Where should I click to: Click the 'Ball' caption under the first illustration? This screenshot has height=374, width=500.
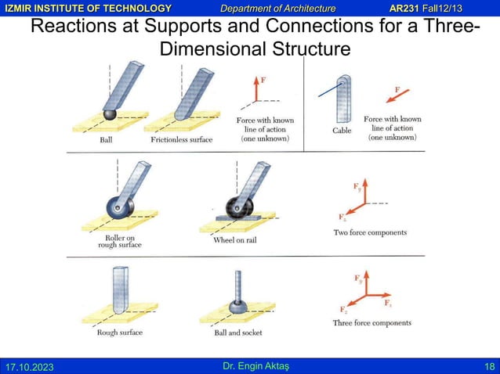(106, 140)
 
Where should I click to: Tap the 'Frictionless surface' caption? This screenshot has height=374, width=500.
(181, 140)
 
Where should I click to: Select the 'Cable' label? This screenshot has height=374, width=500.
(342, 131)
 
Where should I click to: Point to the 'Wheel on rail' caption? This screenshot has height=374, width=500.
(235, 239)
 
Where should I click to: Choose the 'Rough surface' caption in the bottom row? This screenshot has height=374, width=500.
(118, 332)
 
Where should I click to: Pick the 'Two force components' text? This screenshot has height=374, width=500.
(370, 232)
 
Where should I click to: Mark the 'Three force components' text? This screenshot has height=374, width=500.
(371, 322)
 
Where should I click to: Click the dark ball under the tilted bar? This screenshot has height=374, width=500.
(110, 114)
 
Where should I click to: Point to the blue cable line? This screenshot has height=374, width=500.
(329, 91)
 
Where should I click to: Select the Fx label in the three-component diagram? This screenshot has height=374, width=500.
(387, 302)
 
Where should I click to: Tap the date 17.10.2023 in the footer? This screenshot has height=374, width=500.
(31, 366)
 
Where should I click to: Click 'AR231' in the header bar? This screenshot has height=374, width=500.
(408, 8)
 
